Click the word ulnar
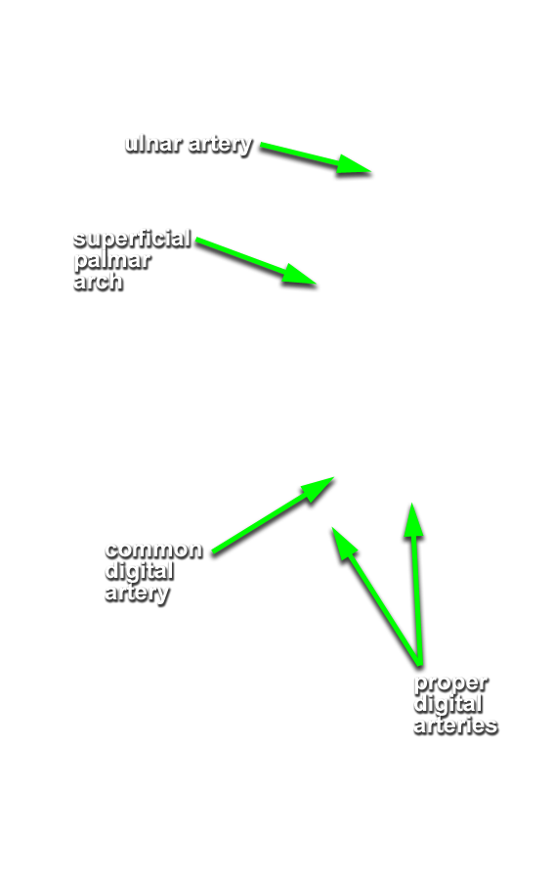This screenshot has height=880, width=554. tap(153, 144)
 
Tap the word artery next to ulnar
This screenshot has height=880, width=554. tap(221, 146)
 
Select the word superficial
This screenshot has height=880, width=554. tap(132, 240)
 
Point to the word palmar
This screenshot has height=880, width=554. tap(112, 261)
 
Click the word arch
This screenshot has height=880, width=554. tap(98, 281)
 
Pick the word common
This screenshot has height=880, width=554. tap(153, 550)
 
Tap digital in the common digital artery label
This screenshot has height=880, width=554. tap(139, 572)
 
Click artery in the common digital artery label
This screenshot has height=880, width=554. tap(137, 594)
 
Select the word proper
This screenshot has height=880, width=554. tap(450, 684)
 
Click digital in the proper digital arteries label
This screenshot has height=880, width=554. tap(448, 704)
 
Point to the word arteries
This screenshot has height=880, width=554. tap(455, 726)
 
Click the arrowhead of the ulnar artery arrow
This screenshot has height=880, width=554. tap(355, 164)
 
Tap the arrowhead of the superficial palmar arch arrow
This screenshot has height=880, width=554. tap(300, 275)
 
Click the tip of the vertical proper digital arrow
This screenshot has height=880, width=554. tap(412, 504)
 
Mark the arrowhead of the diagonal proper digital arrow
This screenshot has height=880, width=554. tap(343, 542)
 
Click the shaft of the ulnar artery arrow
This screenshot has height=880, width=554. tap(299, 154)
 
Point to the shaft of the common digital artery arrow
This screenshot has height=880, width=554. tap(260, 524)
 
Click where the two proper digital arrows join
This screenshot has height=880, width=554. tap(418, 664)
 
